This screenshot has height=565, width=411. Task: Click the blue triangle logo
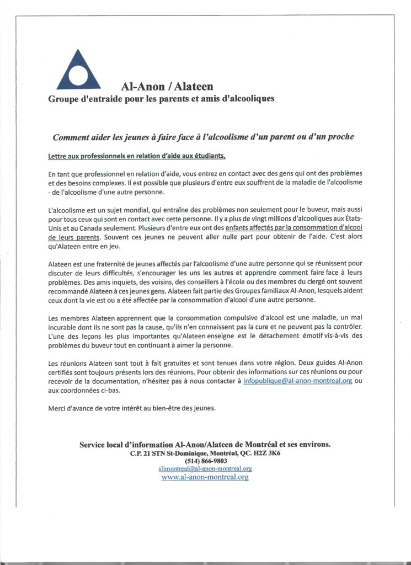coord(78,71)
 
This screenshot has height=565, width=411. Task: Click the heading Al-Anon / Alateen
coord(167,87)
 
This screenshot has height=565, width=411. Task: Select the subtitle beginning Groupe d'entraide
coord(161,99)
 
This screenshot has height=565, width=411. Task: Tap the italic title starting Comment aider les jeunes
coord(203,137)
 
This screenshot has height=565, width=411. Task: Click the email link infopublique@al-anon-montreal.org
coord(297,381)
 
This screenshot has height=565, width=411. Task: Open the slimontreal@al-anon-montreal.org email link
coord(205,468)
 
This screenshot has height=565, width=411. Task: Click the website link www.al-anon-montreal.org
coord(205,477)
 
